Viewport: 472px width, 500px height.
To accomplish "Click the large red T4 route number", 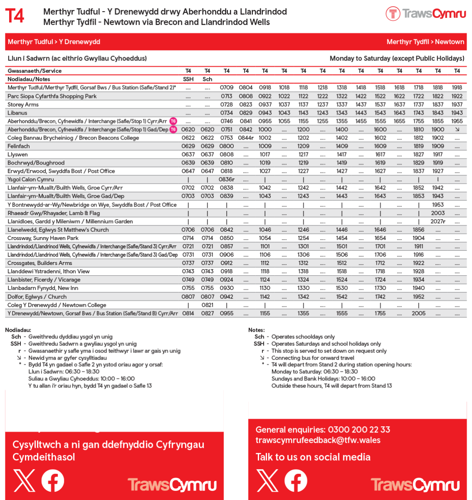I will (15, 16).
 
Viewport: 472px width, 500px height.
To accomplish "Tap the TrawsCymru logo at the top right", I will (425, 14).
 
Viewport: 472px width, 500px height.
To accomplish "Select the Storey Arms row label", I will (23, 105).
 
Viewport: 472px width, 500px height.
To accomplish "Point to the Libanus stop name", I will (17, 113).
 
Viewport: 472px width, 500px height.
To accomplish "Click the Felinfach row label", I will (19, 146).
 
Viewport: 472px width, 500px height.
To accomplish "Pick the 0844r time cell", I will (246, 138).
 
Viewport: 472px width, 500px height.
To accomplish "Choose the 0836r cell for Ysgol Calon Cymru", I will (227, 180).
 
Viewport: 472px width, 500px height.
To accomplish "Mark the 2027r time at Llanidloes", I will (438, 222).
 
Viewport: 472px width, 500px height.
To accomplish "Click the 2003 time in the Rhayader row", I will (438, 213).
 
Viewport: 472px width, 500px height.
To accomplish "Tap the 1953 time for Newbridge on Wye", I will (438, 205).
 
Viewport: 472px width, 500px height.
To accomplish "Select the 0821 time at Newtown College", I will (207, 305).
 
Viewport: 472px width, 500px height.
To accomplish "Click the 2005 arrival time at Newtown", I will (419, 313).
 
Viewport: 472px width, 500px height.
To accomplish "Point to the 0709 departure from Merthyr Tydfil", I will (227, 87).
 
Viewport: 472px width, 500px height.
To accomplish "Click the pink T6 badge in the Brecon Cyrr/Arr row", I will (173, 121).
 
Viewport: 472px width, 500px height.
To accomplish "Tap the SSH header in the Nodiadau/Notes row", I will (188, 79).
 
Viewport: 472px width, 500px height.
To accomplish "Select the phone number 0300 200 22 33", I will (359, 430).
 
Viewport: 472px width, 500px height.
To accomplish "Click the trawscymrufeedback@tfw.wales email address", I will (318, 440).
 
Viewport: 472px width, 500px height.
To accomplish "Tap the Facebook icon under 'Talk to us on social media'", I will (296, 480).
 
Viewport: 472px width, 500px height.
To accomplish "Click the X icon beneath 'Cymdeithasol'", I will (24, 480).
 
